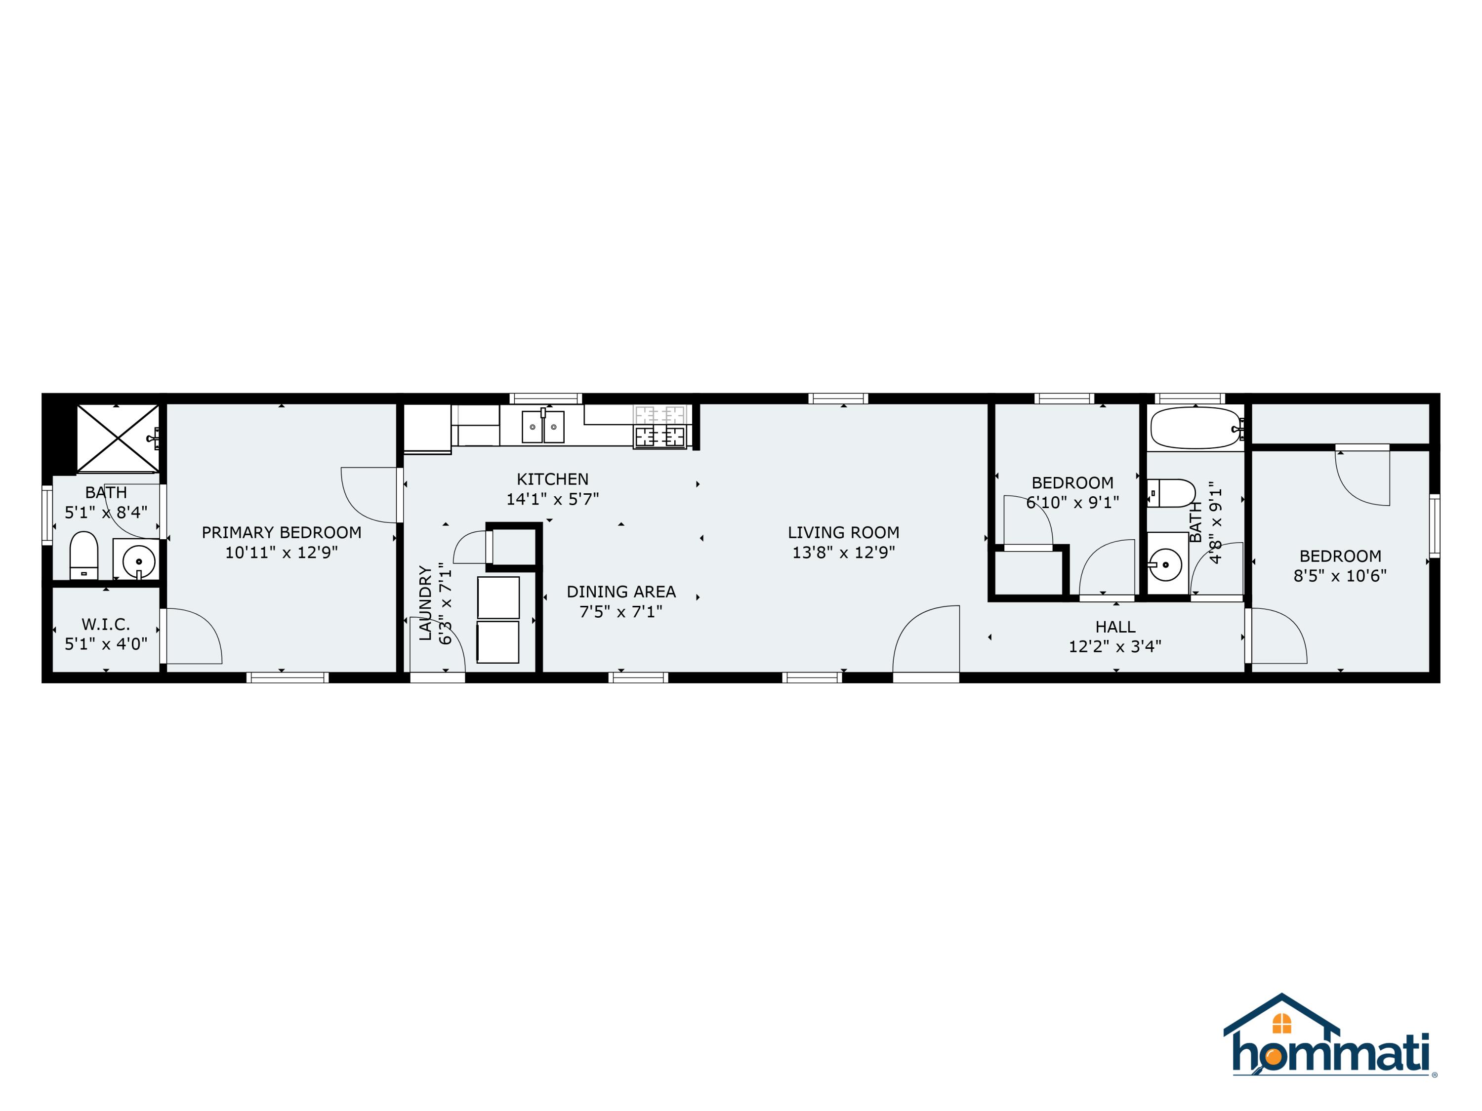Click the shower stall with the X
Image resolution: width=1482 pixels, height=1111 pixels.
tap(118, 438)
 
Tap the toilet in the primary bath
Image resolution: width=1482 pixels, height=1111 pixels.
tap(84, 555)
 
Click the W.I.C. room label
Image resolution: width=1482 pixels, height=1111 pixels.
tap(106, 624)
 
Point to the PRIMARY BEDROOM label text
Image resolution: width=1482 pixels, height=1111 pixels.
tap(282, 532)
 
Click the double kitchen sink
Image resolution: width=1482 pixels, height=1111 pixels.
tap(543, 427)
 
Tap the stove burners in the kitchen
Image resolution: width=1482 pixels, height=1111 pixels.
tap(660, 427)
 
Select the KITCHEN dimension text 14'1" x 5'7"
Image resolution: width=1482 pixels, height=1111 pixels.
tap(552, 499)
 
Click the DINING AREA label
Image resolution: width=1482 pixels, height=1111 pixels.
tap(621, 592)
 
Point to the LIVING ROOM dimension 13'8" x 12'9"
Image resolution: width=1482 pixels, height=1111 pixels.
tap(844, 553)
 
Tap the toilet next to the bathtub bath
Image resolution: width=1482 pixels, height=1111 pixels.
tap(1172, 493)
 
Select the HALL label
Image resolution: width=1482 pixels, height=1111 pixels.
tap(1115, 627)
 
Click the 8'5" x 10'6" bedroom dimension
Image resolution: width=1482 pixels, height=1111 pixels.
tap(1340, 576)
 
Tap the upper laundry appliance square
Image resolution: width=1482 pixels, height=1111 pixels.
tap(498, 597)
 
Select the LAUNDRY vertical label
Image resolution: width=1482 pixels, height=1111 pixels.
tap(425, 603)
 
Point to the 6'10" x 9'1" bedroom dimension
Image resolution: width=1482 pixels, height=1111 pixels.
tap(1072, 502)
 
